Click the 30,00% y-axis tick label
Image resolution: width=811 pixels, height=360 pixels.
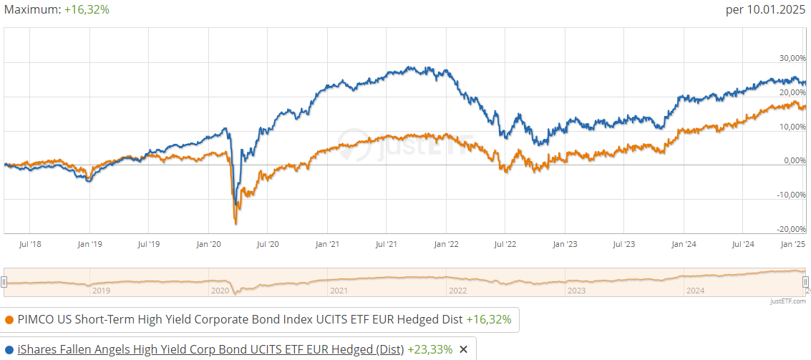click(x=792, y=57)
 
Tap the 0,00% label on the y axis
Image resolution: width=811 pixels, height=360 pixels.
click(x=795, y=160)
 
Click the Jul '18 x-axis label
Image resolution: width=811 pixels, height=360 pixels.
click(x=29, y=244)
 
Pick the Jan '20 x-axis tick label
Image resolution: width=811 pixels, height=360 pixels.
click(x=208, y=244)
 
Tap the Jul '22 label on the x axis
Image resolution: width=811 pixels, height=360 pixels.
click(x=505, y=244)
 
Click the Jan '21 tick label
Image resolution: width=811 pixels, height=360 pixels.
click(x=326, y=244)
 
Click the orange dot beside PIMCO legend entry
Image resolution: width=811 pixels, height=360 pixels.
click(x=9, y=320)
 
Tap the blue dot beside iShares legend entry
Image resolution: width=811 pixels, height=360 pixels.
click(x=9, y=349)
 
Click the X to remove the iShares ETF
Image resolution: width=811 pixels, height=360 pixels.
click(x=463, y=349)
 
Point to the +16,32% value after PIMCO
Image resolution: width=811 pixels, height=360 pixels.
click(x=488, y=320)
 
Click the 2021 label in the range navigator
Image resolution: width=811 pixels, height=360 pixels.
click(x=339, y=291)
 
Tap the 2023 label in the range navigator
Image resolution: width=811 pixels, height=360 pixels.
click(x=576, y=291)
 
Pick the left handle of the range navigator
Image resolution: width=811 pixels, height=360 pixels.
click(x=4, y=281)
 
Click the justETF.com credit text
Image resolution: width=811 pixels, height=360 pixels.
click(x=788, y=302)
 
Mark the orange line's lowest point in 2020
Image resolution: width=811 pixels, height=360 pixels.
click(x=235, y=224)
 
